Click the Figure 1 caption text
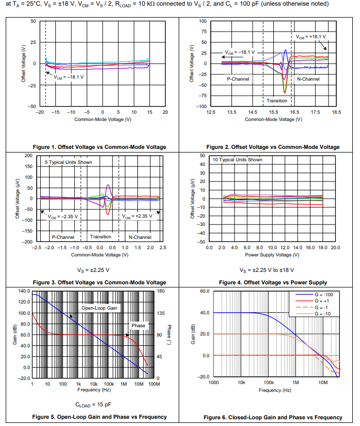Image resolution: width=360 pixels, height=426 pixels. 99,147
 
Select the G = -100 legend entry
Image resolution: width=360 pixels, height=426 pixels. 324,295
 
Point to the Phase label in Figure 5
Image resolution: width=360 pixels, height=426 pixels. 138,326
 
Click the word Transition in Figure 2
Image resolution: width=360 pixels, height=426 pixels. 277,100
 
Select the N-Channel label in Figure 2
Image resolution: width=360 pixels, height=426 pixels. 308,79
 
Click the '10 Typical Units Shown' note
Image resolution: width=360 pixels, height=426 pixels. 238,160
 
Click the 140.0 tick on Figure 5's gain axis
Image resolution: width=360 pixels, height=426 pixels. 23,291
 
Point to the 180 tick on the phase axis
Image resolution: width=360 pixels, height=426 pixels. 161,291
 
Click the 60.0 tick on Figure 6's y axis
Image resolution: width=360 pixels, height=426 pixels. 204,291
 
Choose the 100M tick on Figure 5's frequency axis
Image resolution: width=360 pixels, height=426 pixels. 154,384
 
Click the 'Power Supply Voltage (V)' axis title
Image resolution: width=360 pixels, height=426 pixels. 272,254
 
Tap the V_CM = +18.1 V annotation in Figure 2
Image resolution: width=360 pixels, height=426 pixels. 311,37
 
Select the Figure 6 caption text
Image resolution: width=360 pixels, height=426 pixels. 273,417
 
